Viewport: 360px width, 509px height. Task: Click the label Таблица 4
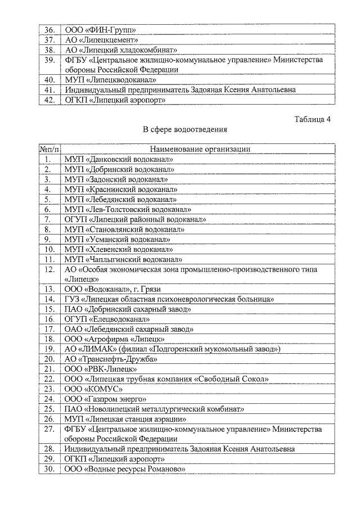pyautogui.click(x=312, y=119)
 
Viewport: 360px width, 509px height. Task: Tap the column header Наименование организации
pyautogui.click(x=200, y=149)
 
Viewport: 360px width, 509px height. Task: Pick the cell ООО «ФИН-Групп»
pyautogui.click(x=101, y=30)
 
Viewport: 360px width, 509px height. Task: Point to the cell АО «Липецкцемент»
pyautogui.click(x=101, y=40)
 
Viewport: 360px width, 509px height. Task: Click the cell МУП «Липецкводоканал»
pyautogui.click(x=110, y=80)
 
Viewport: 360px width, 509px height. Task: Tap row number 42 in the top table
pyautogui.click(x=49, y=100)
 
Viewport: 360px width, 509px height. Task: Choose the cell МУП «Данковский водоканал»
pyautogui.click(x=119, y=159)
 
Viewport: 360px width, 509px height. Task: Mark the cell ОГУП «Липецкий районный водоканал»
pyautogui.click(x=134, y=219)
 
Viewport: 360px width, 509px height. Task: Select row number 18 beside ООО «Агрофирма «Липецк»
pyautogui.click(x=49, y=339)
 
